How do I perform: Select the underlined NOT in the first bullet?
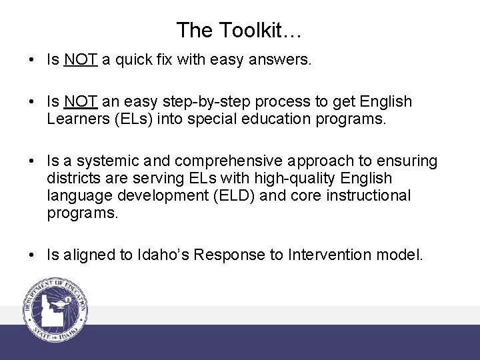81,60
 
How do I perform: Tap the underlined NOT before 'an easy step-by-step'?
81,102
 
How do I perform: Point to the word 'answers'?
284,60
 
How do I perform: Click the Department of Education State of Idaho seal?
56,309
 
